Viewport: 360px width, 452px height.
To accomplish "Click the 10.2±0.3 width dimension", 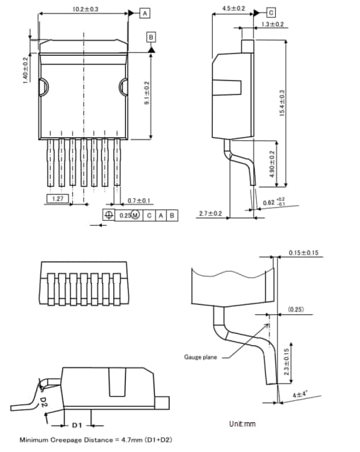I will [x=85, y=9].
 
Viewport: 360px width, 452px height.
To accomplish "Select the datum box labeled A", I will [x=144, y=13].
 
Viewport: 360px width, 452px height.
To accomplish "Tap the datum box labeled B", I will [x=151, y=36].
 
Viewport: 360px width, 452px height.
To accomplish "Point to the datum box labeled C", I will [x=271, y=13].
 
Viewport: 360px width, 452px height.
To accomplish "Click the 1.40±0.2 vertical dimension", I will [x=25, y=69].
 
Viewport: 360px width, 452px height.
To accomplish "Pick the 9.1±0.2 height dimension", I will [x=146, y=93].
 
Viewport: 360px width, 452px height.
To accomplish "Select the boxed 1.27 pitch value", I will [x=59, y=200].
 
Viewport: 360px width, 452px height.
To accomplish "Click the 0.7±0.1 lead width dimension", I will [x=139, y=201].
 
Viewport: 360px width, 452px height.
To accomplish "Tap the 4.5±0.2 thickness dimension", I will [x=233, y=8].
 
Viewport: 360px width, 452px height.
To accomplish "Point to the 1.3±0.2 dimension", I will [x=272, y=25].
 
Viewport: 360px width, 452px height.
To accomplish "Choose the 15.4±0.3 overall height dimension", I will [x=281, y=103].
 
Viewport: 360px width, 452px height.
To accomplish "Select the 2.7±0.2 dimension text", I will [x=210, y=213].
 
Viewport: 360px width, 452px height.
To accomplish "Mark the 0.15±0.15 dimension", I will [x=303, y=253].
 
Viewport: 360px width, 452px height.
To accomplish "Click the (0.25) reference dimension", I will [x=297, y=309].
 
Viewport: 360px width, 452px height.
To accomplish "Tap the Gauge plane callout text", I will [x=201, y=358].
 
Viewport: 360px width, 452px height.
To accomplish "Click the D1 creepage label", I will [x=77, y=424].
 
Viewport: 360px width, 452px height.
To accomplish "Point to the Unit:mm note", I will [x=242, y=424].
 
